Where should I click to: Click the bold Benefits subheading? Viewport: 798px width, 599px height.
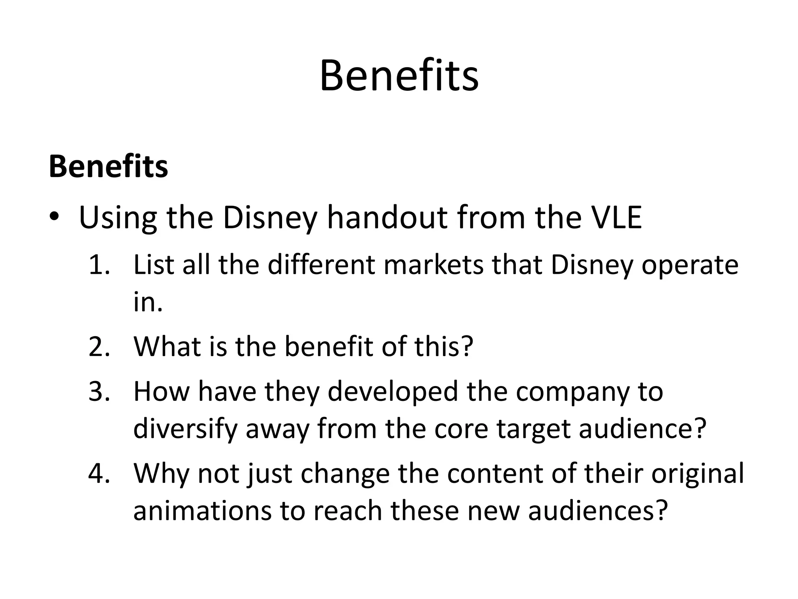click(x=108, y=167)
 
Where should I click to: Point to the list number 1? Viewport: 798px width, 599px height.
click(x=99, y=265)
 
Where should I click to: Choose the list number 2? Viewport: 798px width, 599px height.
click(x=99, y=346)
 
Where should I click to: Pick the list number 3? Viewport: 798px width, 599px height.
click(x=99, y=392)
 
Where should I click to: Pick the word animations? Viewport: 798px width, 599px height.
click(x=203, y=510)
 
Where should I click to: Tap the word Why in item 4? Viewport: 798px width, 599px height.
click(x=161, y=474)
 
